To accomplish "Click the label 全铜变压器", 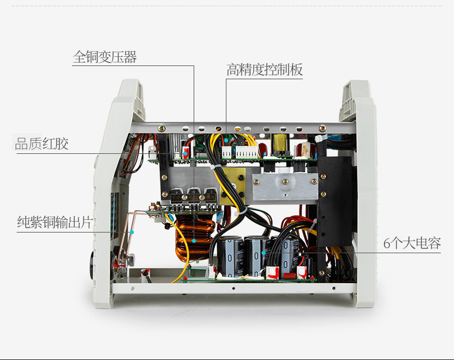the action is [105, 57].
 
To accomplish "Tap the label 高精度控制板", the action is [264, 71].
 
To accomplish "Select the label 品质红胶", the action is [41, 144].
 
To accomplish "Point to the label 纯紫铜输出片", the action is [54, 223].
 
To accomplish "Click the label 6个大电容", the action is [412, 243].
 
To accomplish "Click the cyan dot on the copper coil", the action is [194, 241].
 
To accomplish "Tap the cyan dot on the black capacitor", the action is [263, 251].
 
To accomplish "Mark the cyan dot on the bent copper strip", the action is [132, 232].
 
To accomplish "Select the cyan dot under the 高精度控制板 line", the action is [226, 139].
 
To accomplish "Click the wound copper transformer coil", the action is [192, 241].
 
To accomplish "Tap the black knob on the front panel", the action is [93, 266].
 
